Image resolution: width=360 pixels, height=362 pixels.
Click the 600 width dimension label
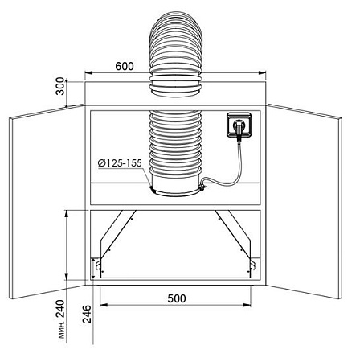click(125, 66)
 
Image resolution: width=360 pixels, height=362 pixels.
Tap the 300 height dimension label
click(60, 86)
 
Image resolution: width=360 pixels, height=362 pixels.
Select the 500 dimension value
click(177, 298)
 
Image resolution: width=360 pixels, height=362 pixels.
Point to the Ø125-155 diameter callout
click(120, 163)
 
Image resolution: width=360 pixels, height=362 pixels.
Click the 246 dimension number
click(87, 314)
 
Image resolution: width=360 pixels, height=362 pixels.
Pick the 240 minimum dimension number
click(60, 309)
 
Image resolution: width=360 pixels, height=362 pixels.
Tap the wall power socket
click(239, 125)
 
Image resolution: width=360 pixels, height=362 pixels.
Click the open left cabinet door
click(47, 202)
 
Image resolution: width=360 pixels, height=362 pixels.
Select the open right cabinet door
click(305, 202)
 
